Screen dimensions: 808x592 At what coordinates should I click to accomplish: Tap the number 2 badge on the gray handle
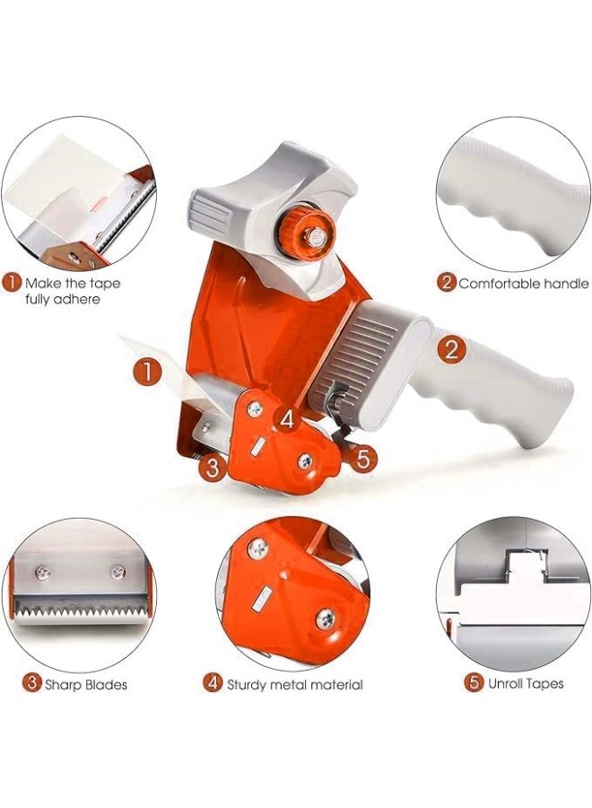pos(451,348)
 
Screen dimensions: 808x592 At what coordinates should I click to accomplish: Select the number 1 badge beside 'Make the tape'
pos(12,283)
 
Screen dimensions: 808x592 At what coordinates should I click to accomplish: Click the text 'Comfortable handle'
pos(523,283)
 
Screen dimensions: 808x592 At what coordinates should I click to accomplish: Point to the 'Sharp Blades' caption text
pos(86,684)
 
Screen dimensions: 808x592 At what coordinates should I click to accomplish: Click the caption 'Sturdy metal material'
pos(294,684)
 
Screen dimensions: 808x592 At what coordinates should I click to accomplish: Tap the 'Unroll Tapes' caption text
pos(526,683)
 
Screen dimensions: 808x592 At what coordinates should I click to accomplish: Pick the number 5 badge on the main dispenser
pos(362,459)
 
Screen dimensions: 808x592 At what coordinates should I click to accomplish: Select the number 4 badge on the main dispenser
pos(285,418)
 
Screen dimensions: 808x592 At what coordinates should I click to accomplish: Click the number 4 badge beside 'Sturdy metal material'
pos(213,684)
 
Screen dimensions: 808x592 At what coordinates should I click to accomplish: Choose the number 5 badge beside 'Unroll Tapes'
pos(474,683)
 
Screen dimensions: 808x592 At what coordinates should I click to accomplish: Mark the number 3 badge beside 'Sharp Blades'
pos(31,684)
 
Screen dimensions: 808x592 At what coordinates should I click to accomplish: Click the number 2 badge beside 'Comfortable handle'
pos(446,283)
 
